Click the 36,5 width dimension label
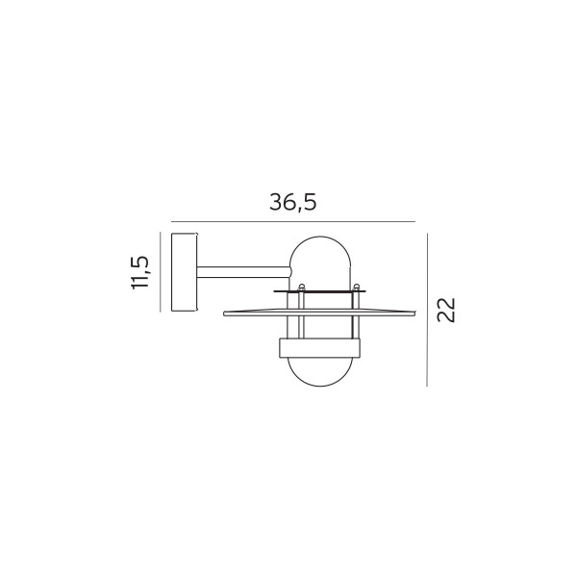click(293, 203)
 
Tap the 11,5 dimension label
click(140, 272)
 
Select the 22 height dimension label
click(446, 310)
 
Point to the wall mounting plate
click(184, 272)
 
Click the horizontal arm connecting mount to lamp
click(244, 272)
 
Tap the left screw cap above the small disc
click(302, 287)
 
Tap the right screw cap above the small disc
click(356, 287)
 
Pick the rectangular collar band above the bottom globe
click(320, 348)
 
